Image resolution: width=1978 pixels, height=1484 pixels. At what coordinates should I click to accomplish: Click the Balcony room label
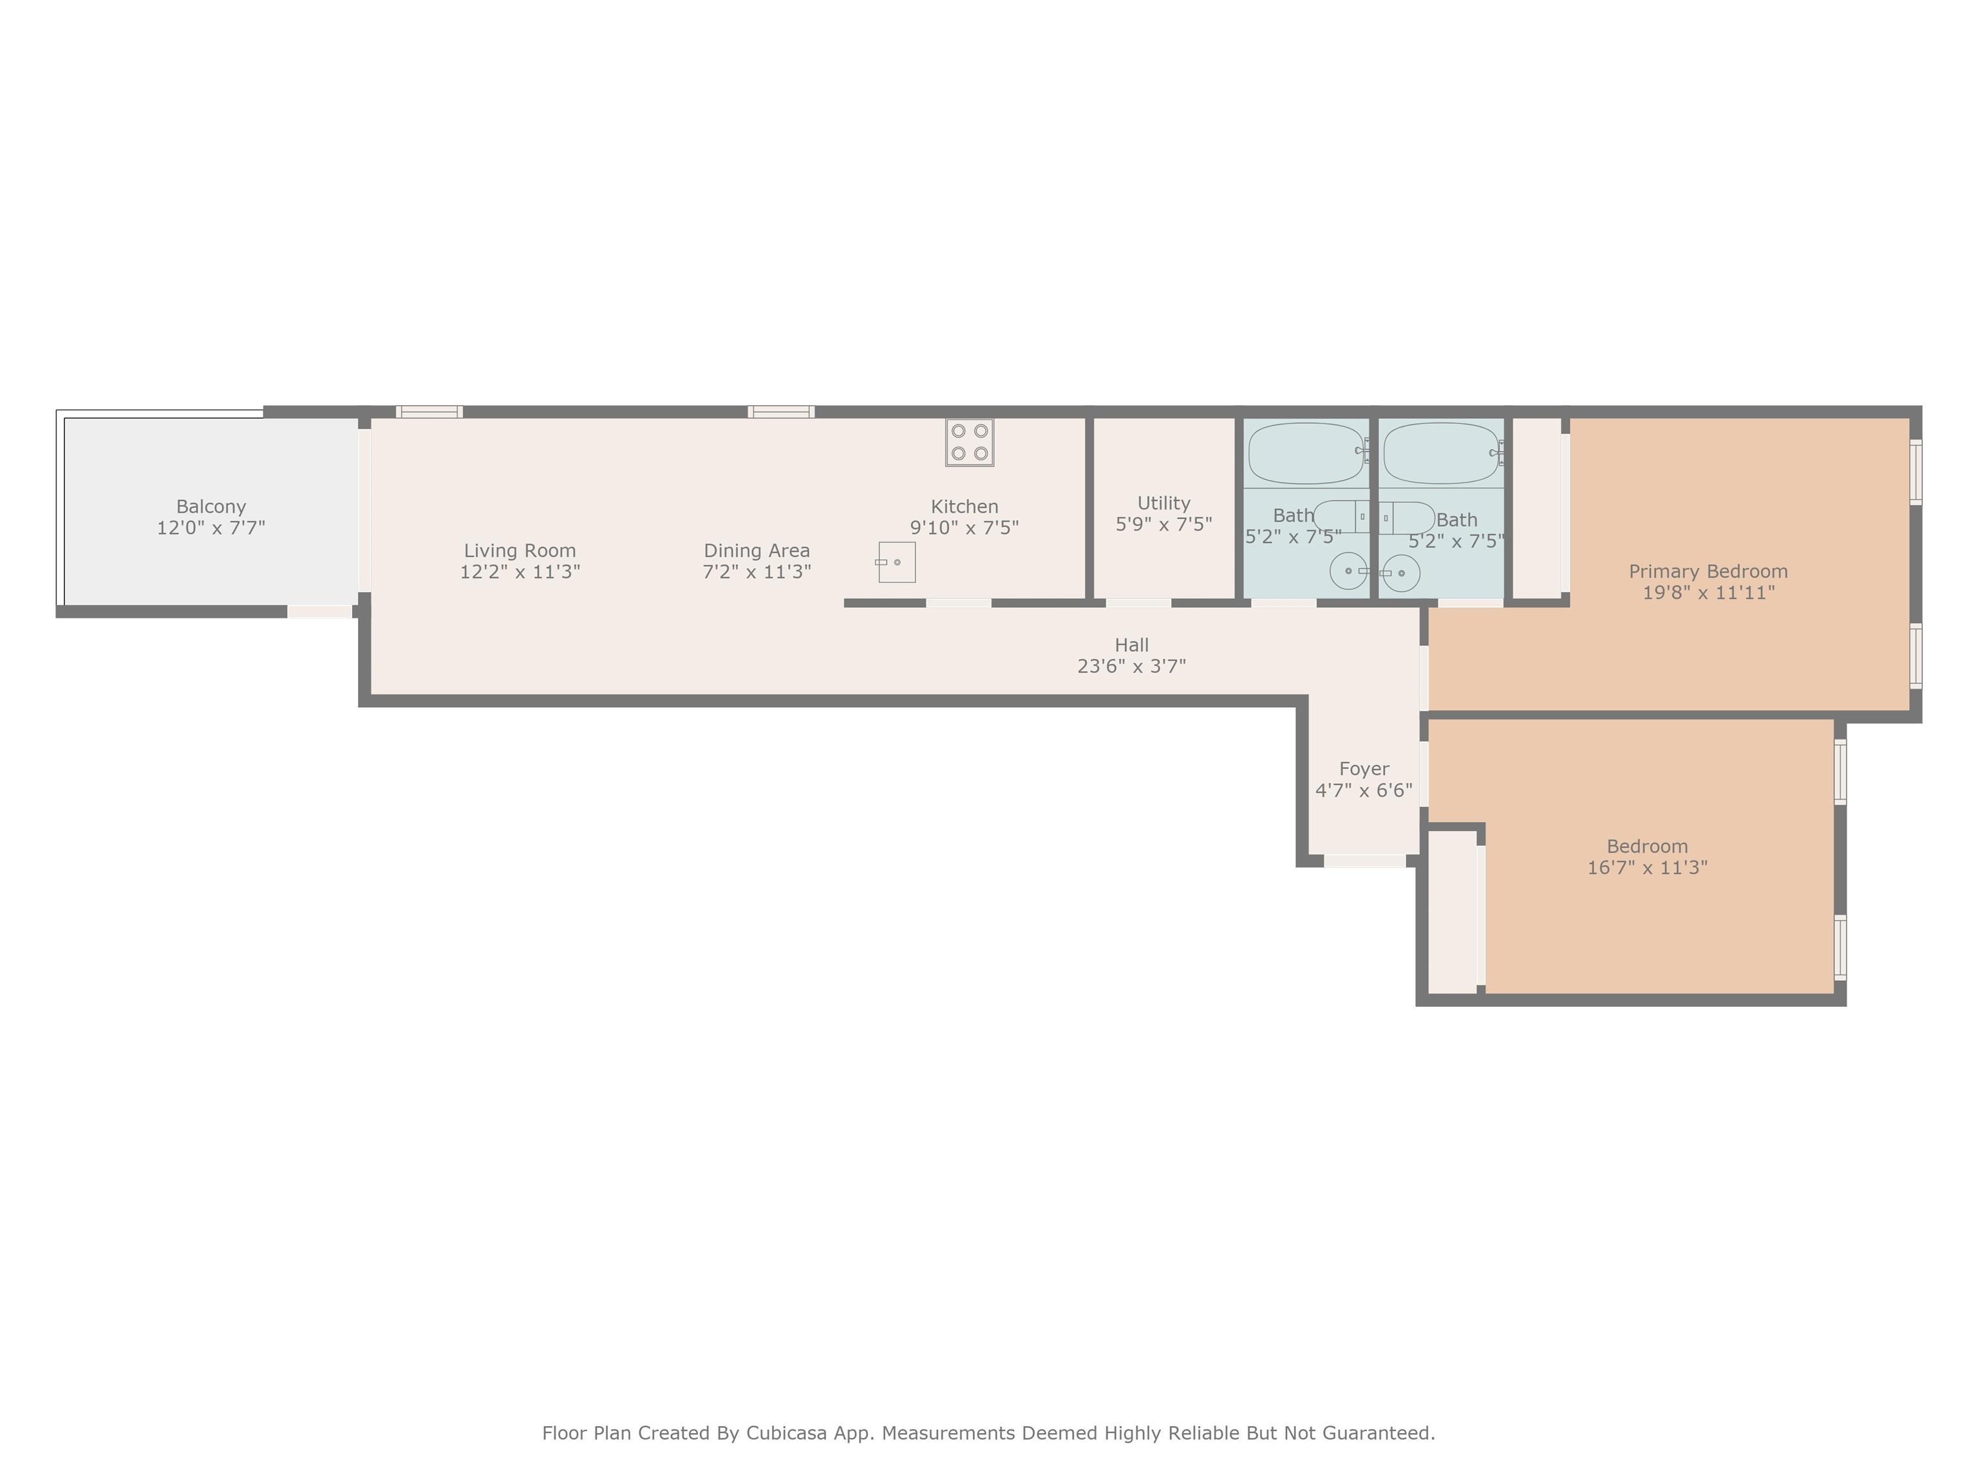click(211, 506)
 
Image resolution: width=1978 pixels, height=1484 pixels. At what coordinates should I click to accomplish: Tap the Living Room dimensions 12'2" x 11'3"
click(520, 571)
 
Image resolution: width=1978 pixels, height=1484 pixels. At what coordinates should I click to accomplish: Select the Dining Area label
click(757, 550)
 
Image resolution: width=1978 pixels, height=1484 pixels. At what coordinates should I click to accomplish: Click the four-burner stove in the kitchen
click(969, 442)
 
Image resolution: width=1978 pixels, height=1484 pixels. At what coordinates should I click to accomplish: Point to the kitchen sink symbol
click(896, 562)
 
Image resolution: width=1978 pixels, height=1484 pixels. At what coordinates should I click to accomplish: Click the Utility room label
click(1163, 502)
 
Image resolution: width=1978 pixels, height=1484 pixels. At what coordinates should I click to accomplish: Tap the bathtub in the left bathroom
click(1307, 453)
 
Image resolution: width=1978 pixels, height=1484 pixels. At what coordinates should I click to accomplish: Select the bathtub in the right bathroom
click(1442, 453)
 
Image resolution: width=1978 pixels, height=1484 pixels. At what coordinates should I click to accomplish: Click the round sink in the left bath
click(1348, 571)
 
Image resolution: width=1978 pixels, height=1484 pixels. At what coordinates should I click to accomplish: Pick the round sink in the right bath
click(1400, 573)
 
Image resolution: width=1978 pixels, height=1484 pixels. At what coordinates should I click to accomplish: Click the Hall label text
click(1131, 645)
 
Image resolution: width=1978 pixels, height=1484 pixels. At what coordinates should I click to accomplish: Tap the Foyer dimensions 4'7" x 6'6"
click(1364, 790)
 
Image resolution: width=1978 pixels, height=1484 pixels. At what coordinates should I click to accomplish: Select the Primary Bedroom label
click(1708, 571)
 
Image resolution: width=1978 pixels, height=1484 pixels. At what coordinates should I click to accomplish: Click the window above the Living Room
click(429, 412)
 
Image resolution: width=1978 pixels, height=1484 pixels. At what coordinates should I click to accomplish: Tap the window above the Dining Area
click(780, 412)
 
